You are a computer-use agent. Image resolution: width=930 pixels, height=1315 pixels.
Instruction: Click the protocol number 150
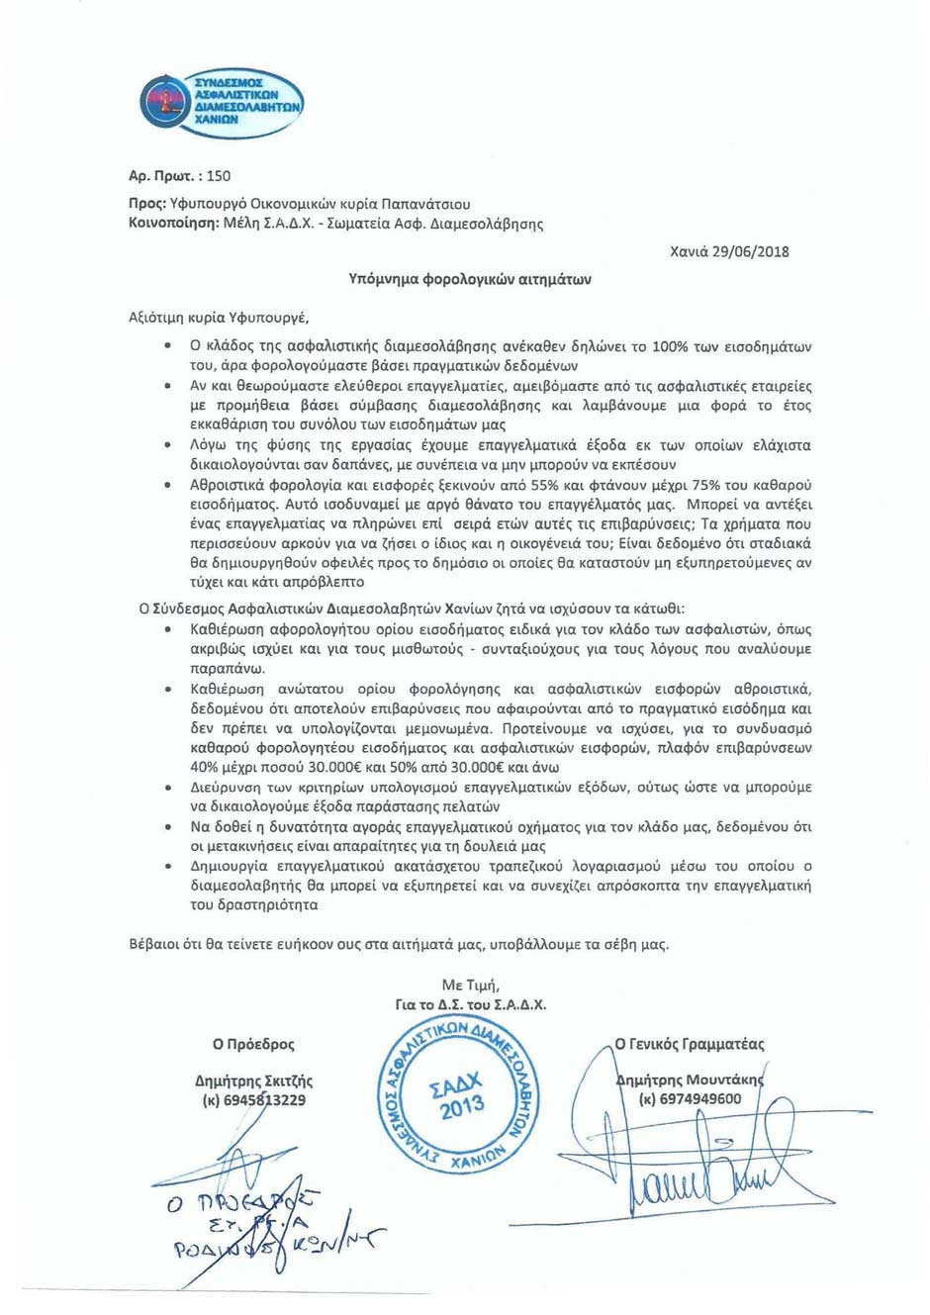(219, 176)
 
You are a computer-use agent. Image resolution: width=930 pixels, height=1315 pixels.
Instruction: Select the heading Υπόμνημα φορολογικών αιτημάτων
(470, 279)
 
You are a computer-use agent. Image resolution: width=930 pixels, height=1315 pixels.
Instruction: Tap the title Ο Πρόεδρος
(253, 1044)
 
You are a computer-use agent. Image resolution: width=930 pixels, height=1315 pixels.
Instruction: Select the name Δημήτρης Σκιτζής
(253, 1081)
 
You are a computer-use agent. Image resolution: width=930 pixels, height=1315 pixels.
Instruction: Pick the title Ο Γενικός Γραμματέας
(690, 1044)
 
